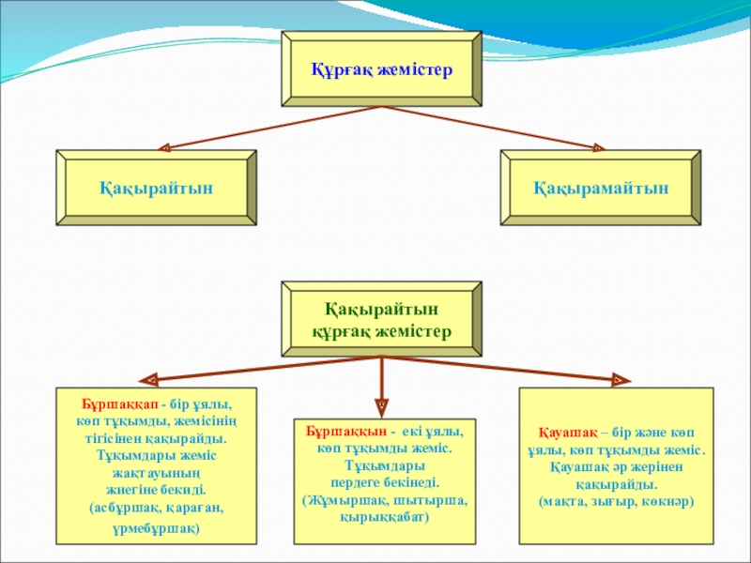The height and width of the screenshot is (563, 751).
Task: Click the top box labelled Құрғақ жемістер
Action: click(382, 68)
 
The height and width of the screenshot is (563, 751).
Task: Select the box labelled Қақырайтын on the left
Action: click(157, 188)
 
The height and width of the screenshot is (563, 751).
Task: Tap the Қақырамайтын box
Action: click(601, 188)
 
